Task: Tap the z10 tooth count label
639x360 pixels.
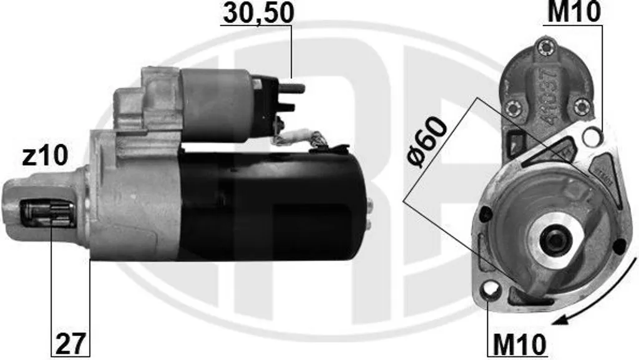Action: pos(45,156)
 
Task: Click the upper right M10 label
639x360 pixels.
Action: pos(574,12)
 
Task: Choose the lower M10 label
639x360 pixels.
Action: pos(519,345)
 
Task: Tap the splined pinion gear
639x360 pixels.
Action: pos(48,213)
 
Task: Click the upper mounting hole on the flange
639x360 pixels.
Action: pos(592,137)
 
